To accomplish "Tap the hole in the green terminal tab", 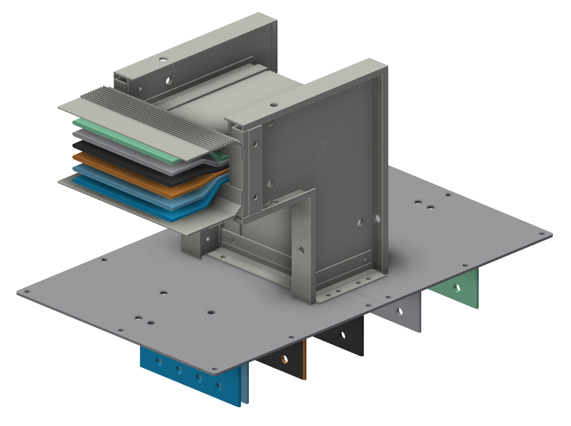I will [x=457, y=288].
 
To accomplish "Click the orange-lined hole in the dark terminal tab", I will [x=284, y=360].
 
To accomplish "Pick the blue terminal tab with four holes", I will [x=190, y=372].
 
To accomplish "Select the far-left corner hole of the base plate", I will [x=27, y=291].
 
